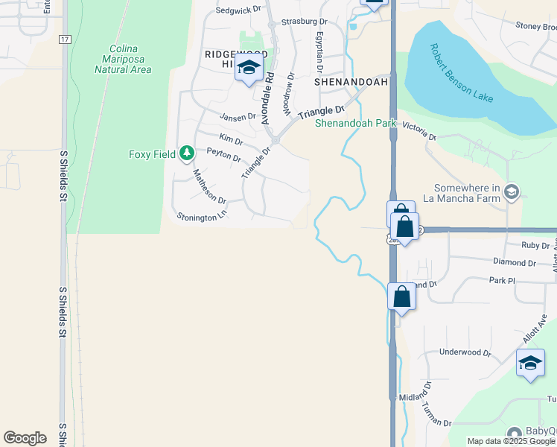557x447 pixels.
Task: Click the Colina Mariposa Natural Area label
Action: coord(123,60)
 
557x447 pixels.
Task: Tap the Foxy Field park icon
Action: coord(187,154)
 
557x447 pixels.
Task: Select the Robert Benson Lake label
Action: coord(461,73)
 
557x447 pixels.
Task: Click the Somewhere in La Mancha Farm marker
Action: coord(511,192)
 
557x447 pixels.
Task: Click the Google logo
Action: coord(25,438)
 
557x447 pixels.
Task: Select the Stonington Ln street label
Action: coord(200,217)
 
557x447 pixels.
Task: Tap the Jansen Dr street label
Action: coord(238,116)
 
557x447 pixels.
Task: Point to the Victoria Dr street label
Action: coord(419,131)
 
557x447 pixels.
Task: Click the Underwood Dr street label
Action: coord(465,352)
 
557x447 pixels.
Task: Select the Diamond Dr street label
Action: coord(515,263)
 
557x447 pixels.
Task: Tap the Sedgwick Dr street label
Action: coord(240,11)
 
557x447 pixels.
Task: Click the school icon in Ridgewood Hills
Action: coord(249,69)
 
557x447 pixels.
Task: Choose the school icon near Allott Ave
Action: coord(529,363)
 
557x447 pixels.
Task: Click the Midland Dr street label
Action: coord(416,398)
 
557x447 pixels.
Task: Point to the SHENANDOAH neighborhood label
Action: coord(351,82)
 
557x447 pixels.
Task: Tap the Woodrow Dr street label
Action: coord(288,93)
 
